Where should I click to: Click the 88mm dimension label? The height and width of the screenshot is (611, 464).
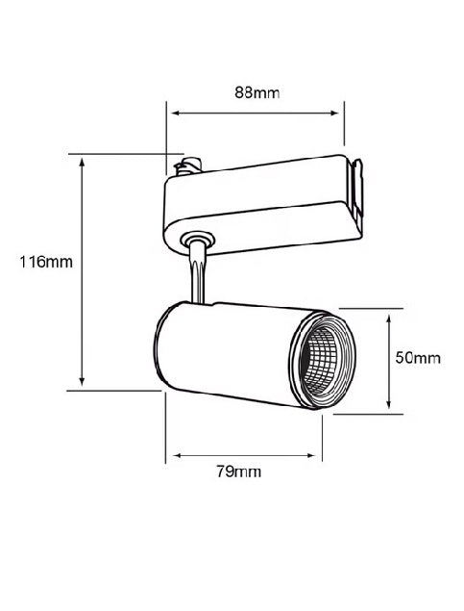[257, 93]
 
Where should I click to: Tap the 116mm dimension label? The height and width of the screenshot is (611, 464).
[46, 262]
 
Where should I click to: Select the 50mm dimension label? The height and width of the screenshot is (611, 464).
[418, 358]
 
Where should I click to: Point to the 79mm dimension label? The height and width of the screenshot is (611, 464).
[239, 471]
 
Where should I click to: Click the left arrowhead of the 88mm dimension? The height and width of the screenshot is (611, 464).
[175, 114]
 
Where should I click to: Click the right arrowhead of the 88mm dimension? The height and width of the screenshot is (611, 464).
[334, 114]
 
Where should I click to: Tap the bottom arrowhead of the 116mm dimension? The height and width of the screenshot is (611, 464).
[82, 382]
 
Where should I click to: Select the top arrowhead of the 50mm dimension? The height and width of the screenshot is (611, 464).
[388, 319]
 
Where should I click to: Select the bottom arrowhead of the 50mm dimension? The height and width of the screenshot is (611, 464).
[388, 404]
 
